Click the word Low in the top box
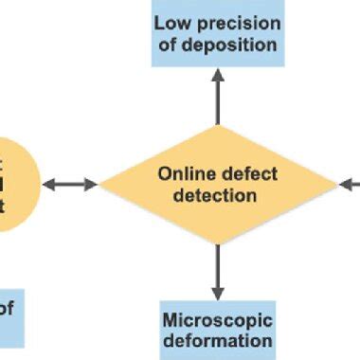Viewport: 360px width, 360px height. coord(171,23)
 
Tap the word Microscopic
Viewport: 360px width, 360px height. coord(218,318)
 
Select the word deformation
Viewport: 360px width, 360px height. coord(218,340)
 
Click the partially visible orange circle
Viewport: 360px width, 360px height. coord(14,183)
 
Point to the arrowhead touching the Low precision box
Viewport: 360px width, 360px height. coord(218,75)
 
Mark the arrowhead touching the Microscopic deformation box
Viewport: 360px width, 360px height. coord(218,293)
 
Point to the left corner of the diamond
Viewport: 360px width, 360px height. coord(100,184)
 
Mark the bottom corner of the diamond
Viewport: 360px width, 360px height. coord(218,242)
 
